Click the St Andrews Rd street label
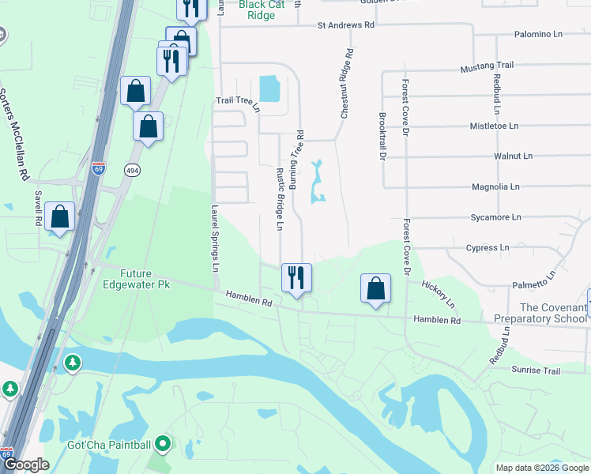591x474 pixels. [345, 25]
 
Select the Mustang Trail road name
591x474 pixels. [487, 68]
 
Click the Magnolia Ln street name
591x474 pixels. [495, 187]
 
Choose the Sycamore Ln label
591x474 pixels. [495, 216]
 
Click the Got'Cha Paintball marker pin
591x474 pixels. [163, 445]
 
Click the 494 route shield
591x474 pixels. [132, 169]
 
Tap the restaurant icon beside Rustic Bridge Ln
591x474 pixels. [297, 278]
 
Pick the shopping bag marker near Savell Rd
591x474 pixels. [59, 216]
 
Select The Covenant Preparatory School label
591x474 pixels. [540, 313]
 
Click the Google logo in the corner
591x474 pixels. [25, 465]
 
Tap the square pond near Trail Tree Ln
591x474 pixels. [269, 88]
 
